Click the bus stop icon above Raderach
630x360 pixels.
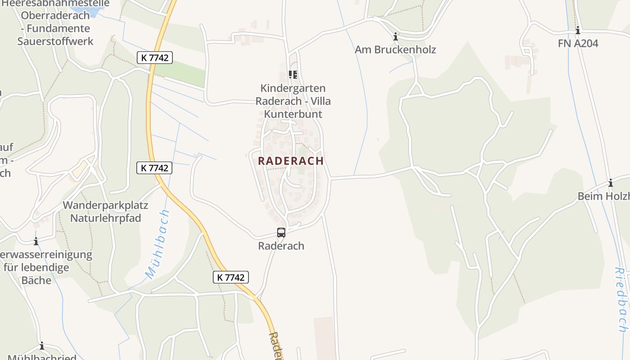click(281, 233)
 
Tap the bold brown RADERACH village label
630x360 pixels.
click(291, 161)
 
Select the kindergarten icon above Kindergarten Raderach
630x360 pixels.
click(293, 75)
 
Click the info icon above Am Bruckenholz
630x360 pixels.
click(396, 36)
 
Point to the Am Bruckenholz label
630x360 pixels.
click(395, 49)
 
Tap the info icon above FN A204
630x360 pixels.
click(578, 31)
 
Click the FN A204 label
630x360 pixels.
click(578, 44)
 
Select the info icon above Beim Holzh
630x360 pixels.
click(611, 183)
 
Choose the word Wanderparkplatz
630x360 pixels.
click(105, 206)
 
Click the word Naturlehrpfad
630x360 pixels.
click(105, 218)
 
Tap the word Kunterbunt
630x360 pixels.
click(293, 114)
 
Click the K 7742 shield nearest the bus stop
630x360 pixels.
click(231, 277)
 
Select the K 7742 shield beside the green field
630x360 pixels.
click(155, 57)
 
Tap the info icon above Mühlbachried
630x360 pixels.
click(42, 346)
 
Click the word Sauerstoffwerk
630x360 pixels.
click(55, 41)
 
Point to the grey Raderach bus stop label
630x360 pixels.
click(281, 246)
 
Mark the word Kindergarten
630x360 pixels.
click(293, 88)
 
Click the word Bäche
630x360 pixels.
click(36, 280)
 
